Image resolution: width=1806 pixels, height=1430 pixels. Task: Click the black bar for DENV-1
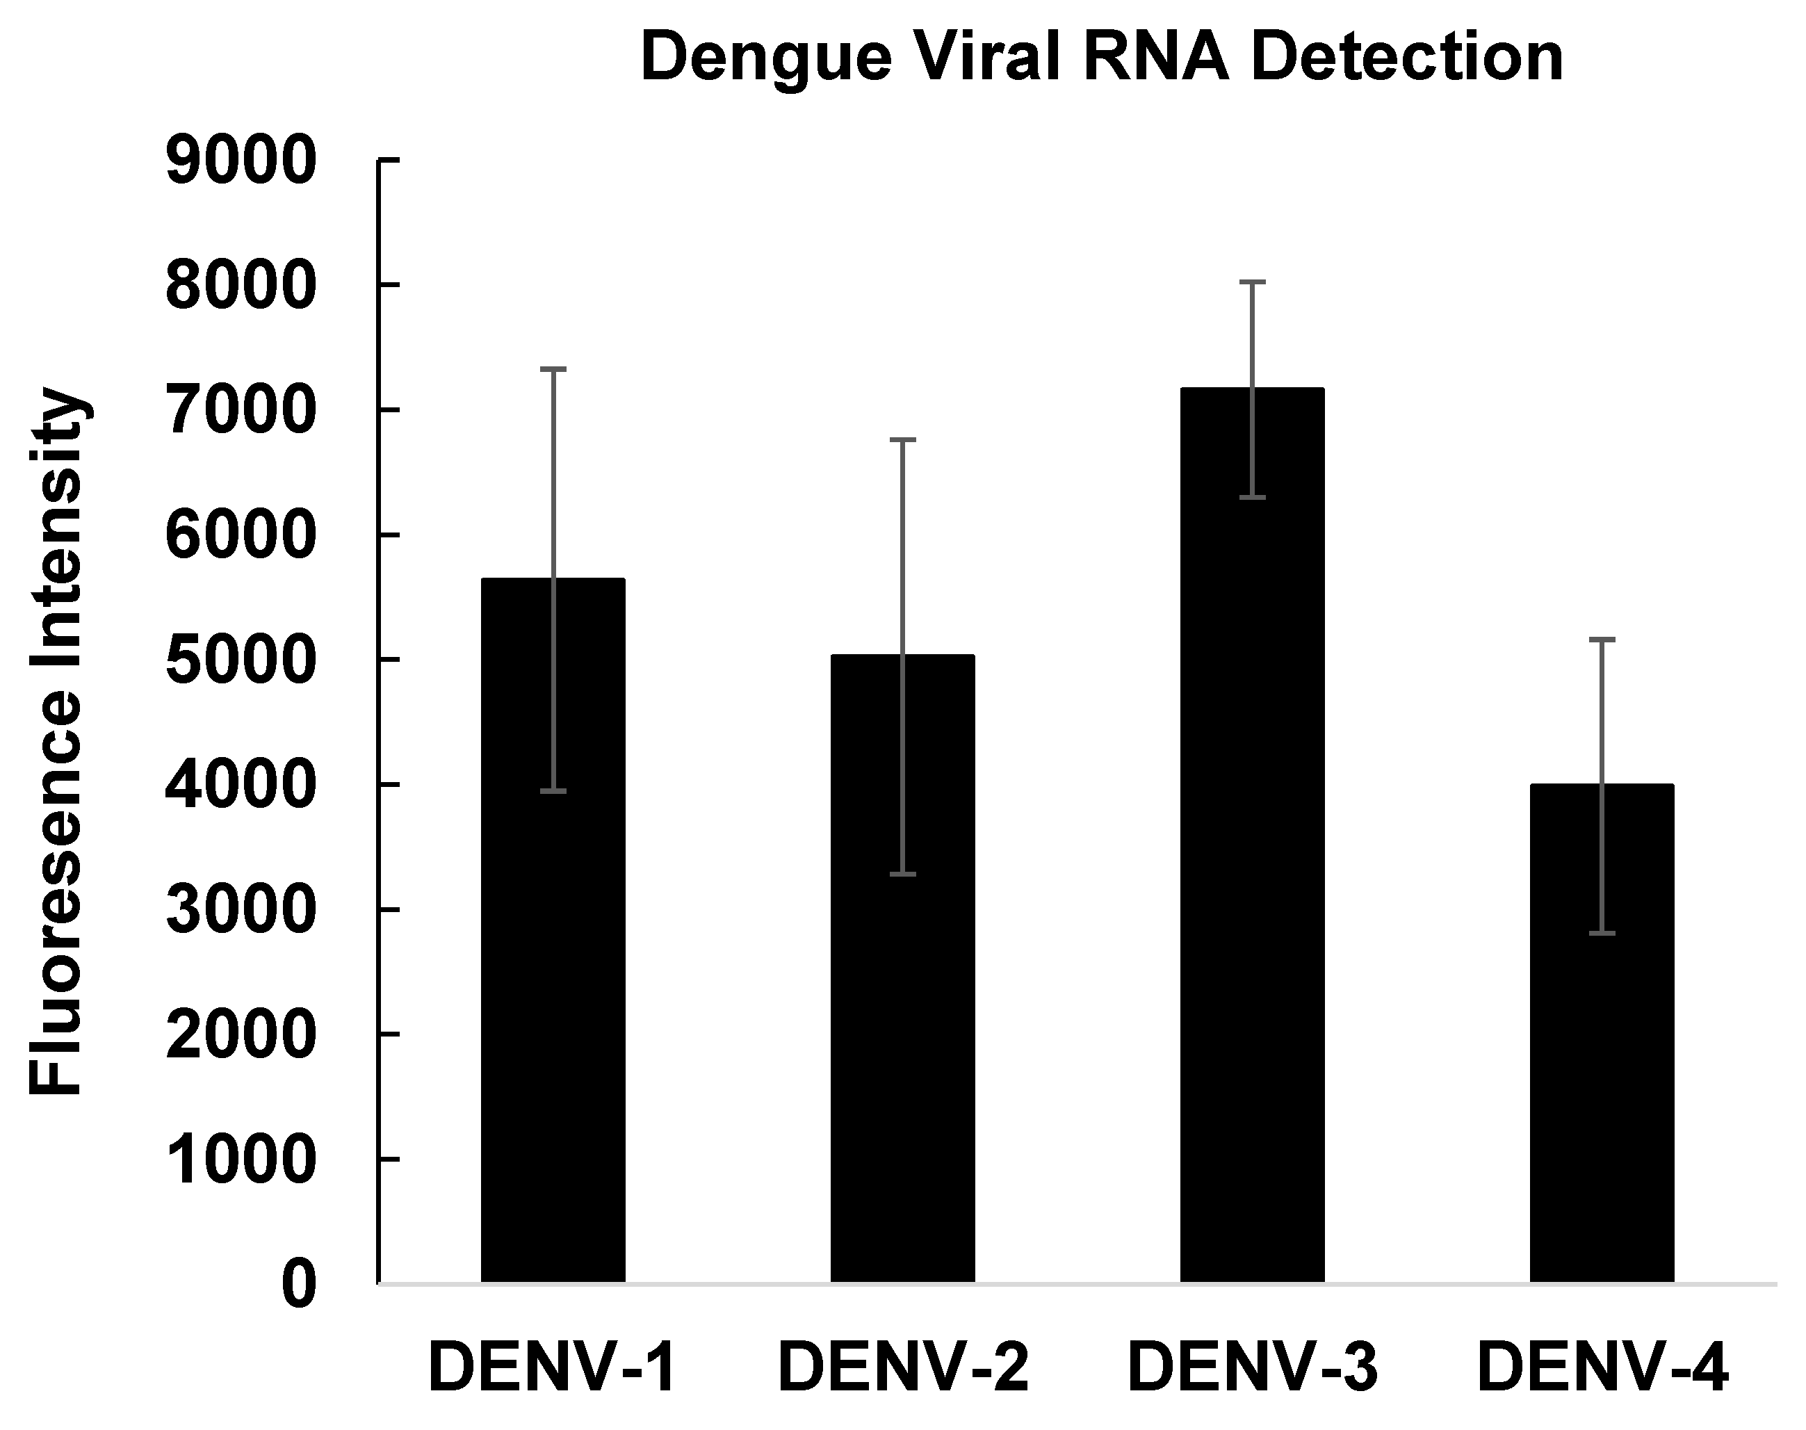[x=553, y=1005]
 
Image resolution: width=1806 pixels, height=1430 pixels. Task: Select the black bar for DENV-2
[x=902, y=1046]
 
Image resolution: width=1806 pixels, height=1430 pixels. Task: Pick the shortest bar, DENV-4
[x=1601, y=1089]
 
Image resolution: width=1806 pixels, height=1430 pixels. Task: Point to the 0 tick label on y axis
[x=299, y=1286]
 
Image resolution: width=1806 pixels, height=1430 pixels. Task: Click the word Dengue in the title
[x=765, y=58]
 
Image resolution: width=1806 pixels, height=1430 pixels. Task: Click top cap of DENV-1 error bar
[x=553, y=368]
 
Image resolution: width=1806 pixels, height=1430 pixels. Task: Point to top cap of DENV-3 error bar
[x=1252, y=283]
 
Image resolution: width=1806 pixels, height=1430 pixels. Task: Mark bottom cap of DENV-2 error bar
[x=902, y=874]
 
